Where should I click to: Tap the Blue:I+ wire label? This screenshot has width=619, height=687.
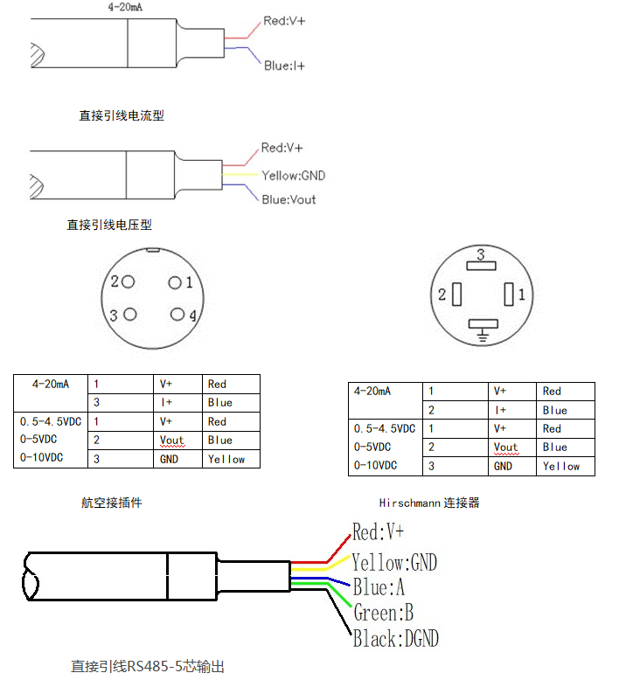(x=284, y=66)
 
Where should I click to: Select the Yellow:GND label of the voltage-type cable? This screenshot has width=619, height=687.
(x=293, y=176)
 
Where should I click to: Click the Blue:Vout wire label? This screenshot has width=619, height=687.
(x=289, y=199)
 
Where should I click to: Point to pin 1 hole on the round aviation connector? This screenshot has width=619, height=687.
(x=175, y=282)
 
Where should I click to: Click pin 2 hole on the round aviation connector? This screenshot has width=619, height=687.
(x=129, y=281)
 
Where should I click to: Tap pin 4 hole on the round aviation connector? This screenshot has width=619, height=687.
(x=178, y=315)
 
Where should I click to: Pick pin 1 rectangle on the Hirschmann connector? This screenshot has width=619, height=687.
(x=510, y=295)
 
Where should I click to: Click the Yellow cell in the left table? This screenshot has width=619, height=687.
(x=226, y=459)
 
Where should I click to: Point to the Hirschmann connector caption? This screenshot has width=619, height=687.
(x=429, y=503)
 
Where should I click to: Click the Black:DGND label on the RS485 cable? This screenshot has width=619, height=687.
(x=395, y=639)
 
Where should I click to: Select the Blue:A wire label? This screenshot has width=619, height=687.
(x=379, y=586)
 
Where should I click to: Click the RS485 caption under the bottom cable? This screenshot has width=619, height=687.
(x=148, y=666)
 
